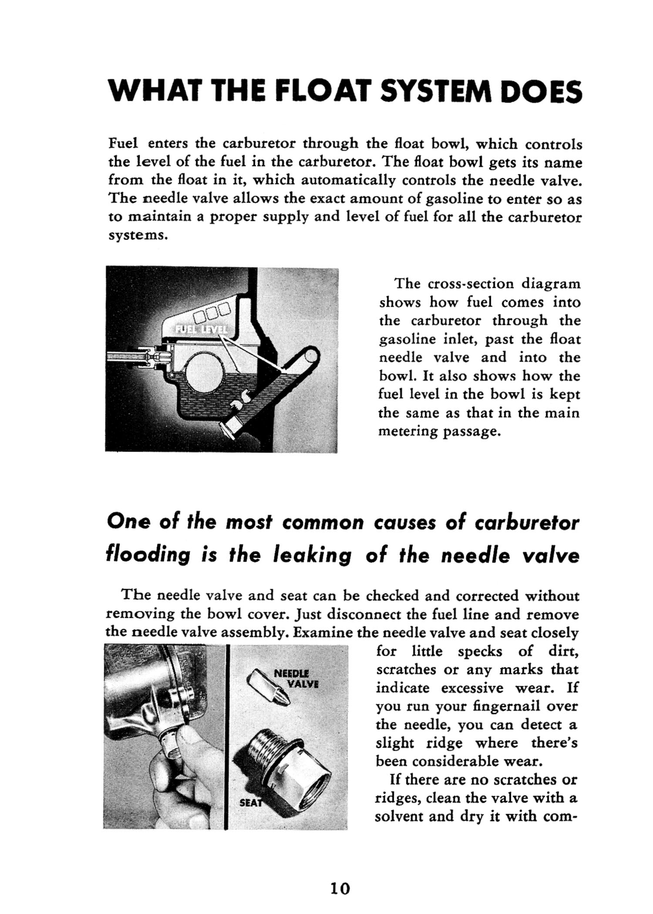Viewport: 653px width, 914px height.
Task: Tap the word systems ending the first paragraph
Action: point(136,235)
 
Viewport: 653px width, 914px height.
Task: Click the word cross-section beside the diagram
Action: point(472,284)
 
